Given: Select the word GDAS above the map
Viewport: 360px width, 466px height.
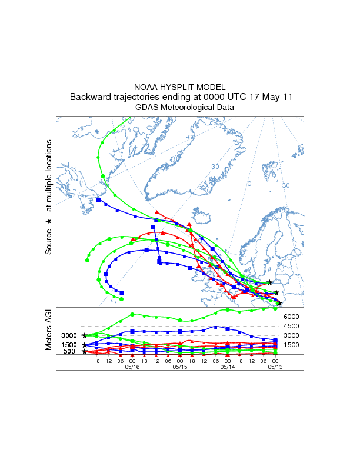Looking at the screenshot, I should pos(146,108).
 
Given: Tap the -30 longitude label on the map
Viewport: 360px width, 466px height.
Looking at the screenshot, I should pos(214,167).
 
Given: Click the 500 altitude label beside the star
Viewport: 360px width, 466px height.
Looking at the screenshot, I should pos(69,352).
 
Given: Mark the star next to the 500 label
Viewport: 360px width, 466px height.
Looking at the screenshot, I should pos(85,352).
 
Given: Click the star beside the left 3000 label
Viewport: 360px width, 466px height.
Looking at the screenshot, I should pos(85,335).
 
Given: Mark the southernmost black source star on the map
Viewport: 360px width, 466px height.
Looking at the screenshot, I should pos(280,304).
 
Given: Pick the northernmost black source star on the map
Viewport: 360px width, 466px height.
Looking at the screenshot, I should pos(269,283).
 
